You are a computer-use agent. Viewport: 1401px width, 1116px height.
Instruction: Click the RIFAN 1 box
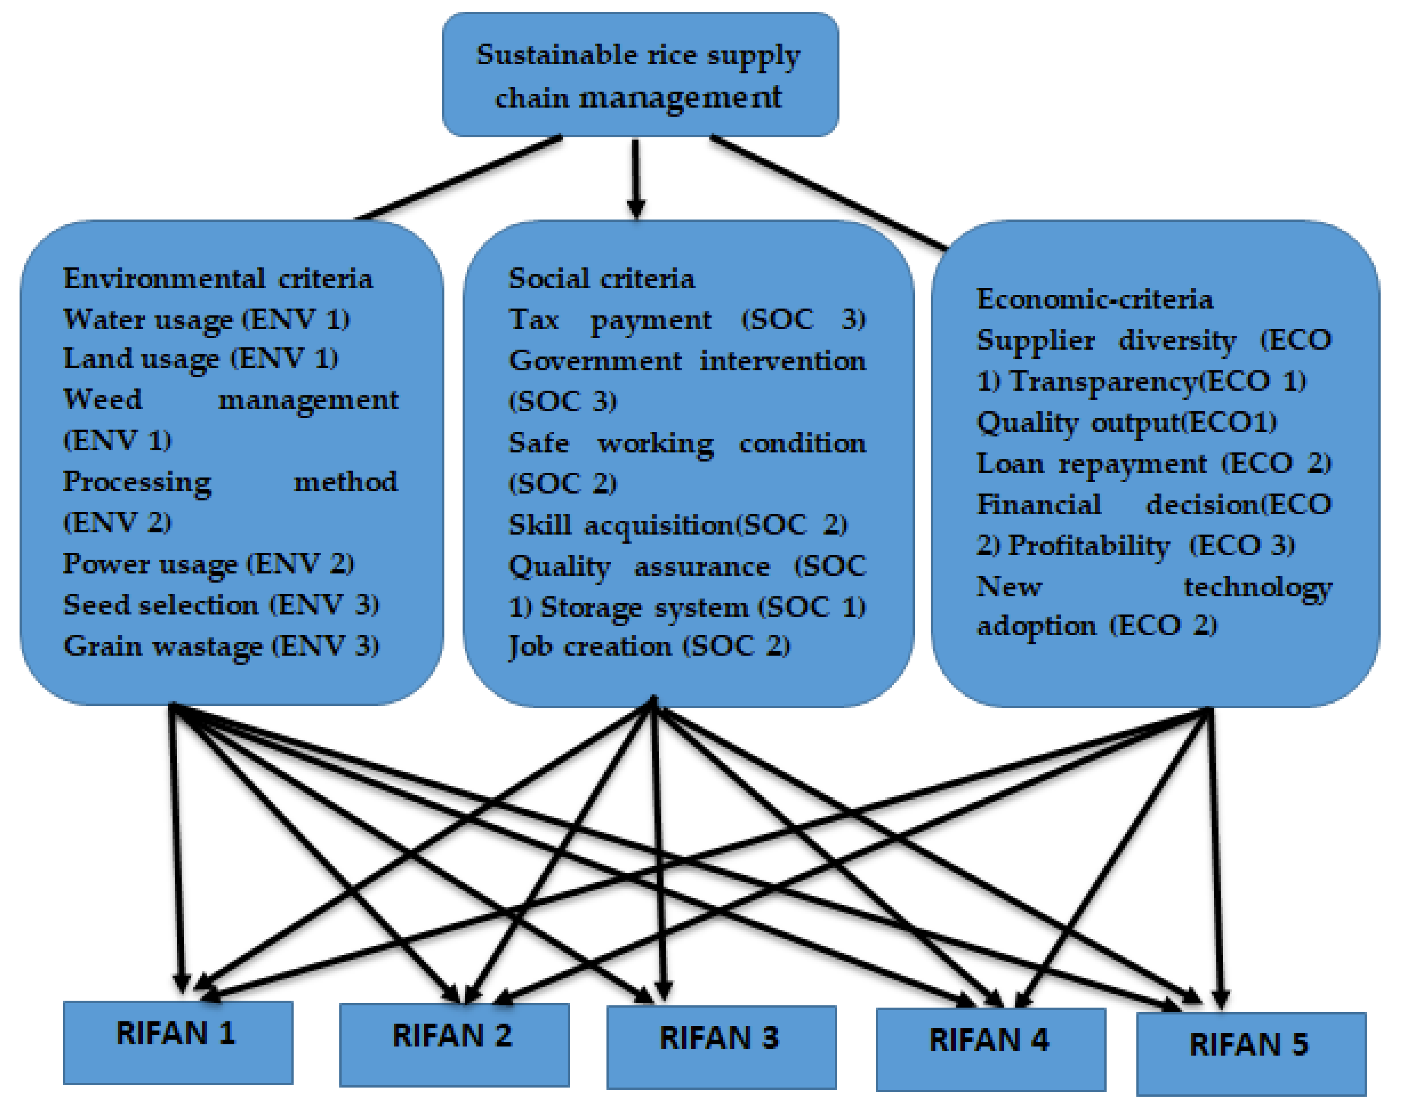(x=178, y=1042)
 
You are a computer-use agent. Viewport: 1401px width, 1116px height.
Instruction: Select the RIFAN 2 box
(x=454, y=1044)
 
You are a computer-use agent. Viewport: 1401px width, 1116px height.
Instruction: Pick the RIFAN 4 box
(x=990, y=1048)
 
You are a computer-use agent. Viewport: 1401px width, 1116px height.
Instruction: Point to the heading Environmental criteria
(x=218, y=279)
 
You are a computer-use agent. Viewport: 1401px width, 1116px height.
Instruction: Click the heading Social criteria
(x=601, y=279)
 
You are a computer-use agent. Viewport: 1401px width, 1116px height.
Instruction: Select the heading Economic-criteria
(x=1094, y=299)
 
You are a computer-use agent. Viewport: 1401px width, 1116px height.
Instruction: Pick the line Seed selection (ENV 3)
(x=221, y=605)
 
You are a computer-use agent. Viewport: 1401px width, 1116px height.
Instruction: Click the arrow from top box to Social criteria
(x=636, y=179)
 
